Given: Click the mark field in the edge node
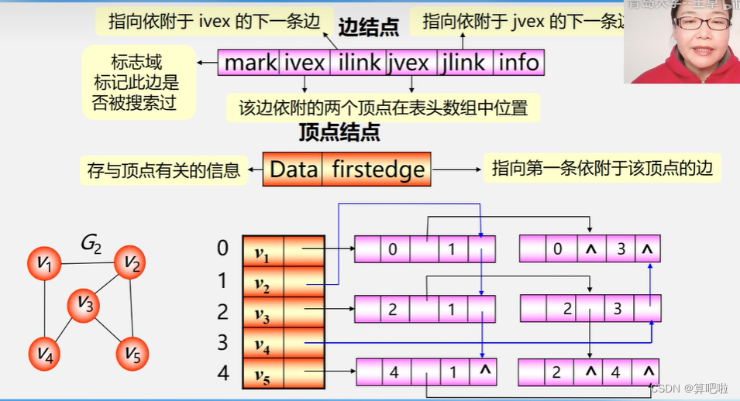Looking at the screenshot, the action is tap(250, 63).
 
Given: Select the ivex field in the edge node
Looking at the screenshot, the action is tap(305, 63).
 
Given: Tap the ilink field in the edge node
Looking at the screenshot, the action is tap(359, 63).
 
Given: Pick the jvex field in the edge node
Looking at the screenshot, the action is tap(410, 63).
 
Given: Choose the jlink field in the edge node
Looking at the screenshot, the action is tap(463, 63).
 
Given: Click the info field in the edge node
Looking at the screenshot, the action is tap(518, 63).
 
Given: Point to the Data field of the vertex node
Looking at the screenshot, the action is tap(294, 170).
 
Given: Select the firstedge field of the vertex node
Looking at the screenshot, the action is tap(378, 170).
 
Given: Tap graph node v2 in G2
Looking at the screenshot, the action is tap(129, 263).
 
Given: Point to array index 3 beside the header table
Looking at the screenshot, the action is tap(223, 341).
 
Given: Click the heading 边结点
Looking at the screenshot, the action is tap(369, 29).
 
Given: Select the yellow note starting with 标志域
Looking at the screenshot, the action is tap(139, 81).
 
